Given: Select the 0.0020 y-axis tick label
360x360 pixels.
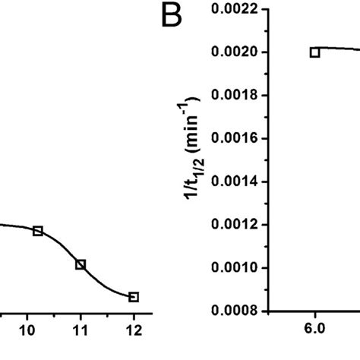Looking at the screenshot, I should pos(235,52).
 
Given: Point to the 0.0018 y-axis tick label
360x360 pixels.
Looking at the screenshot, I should pos(235,96).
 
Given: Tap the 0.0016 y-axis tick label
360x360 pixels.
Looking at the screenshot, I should pos(235,139).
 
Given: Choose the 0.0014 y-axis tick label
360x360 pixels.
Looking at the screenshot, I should pos(235,182).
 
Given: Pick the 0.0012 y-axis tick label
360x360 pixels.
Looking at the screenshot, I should pos(235,226).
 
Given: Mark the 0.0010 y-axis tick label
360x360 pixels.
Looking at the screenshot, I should pos(235,268).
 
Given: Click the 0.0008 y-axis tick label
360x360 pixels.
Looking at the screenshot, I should pos(235,311).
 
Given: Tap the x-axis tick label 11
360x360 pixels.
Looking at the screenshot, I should pos(81,330).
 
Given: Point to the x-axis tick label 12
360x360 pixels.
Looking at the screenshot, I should pos(134,330).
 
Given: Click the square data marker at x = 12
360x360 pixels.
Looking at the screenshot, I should pos(134,297).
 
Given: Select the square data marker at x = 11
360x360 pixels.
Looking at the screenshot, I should pos(81,264).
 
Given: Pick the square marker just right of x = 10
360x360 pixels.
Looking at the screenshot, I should pos(38,230).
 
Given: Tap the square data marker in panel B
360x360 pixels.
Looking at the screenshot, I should pos(314,52).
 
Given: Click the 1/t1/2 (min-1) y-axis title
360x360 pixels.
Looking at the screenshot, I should pos(194,160).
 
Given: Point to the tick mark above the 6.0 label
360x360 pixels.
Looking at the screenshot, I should pos(314,315).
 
